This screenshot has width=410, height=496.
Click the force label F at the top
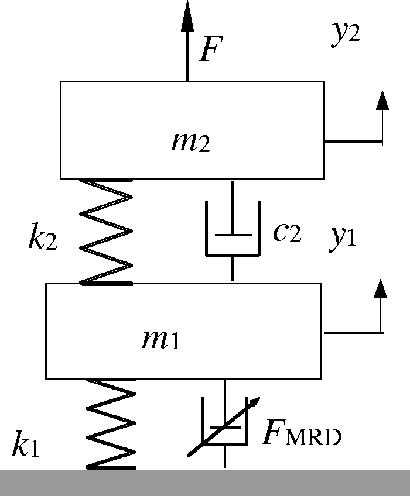tap(211, 49)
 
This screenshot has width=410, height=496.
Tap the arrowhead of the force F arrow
tap(187, 16)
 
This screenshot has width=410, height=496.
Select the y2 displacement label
tap(346, 34)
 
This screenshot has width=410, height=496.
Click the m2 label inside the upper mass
tap(191, 142)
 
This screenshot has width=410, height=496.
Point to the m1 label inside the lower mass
tap(161, 339)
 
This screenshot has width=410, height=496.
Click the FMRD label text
tap(302, 432)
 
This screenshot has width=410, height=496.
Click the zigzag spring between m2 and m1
tap(106, 232)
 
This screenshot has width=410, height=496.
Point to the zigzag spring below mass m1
tap(111, 424)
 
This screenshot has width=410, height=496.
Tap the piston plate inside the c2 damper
tap(234, 235)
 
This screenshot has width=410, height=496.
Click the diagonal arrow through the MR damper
tap(224, 427)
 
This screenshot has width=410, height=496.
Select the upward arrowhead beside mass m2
tap(382, 101)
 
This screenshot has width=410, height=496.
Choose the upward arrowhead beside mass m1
tap(380, 288)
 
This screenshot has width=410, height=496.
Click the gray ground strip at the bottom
tap(205, 483)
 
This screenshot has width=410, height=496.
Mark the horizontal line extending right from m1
tap(354, 333)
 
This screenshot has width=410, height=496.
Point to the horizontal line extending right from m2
tap(353, 142)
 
